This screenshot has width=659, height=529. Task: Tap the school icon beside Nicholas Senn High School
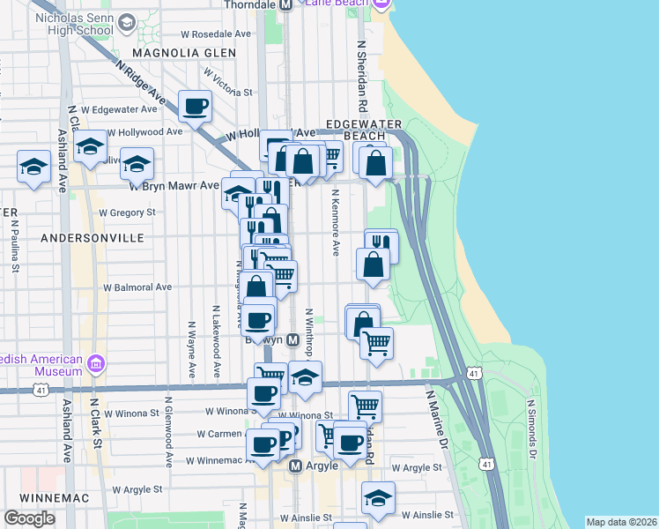tap(126, 22)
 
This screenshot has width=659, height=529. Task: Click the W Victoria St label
tap(225, 92)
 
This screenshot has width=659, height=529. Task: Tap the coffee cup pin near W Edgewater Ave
tap(196, 107)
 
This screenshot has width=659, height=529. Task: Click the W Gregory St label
tap(127, 212)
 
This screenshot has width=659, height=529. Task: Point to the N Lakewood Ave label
tap(216, 344)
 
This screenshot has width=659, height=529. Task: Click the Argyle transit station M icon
tap(296, 466)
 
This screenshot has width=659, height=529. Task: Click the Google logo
tap(29, 518)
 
